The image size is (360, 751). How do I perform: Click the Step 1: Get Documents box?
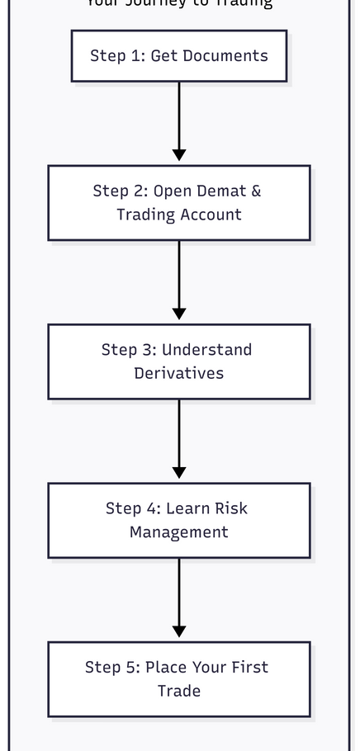179,56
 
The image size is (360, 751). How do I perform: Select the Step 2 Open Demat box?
179,203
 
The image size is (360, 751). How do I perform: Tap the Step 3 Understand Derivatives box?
179,361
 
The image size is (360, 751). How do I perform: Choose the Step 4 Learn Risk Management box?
179,521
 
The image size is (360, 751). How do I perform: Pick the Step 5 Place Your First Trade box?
179,679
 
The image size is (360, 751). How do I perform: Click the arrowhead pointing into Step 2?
179,155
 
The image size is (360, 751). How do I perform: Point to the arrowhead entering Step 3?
179,314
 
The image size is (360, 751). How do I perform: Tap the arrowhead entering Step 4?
179,473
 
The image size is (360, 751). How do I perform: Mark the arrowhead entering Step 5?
179,631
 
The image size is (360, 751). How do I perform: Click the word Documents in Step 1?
226,56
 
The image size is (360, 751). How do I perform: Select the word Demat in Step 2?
220,191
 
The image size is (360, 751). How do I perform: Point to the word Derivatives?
179,374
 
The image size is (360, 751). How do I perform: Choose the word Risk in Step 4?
230,508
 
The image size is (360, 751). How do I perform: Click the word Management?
179,533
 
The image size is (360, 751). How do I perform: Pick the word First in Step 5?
249,668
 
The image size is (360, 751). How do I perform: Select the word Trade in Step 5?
179,692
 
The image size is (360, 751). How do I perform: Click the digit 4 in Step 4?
152,508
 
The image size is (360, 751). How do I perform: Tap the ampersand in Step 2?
255,191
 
